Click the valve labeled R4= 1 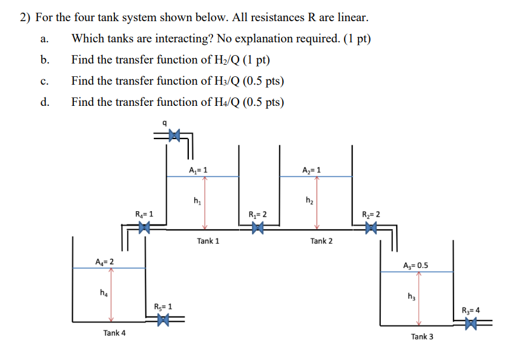click(143, 228)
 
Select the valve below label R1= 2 click(259, 228)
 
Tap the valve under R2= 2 click(371, 228)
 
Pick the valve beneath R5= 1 click(162, 320)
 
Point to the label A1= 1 click(198, 170)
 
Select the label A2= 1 click(311, 170)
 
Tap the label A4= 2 click(104, 261)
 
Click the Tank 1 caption click(208, 241)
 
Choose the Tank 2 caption click(322, 241)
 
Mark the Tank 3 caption click(422, 336)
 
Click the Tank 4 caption click(114, 333)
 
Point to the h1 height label click(197, 200)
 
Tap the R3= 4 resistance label click(470, 310)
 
